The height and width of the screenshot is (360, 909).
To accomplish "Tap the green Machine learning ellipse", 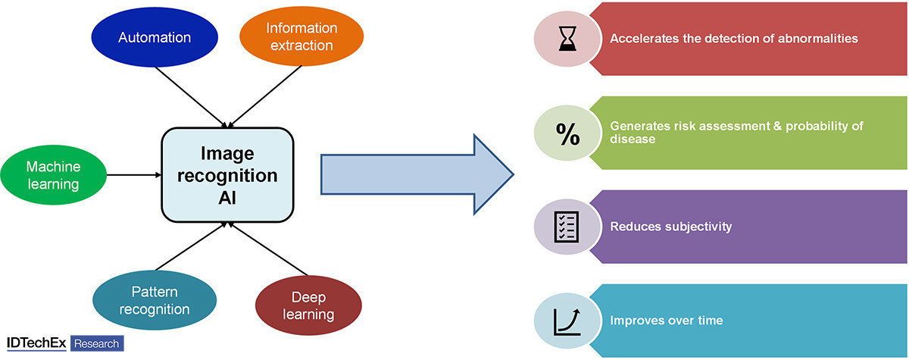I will [x=54, y=175].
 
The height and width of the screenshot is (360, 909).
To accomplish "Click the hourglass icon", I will [x=567, y=39].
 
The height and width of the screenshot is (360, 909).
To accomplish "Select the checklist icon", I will [x=567, y=227].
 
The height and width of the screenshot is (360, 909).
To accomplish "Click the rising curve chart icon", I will [x=567, y=320].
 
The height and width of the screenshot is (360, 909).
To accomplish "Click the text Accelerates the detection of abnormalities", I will [x=734, y=38].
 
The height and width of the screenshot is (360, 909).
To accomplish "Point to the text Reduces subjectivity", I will [x=671, y=227].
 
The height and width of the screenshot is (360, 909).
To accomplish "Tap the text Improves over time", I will [x=667, y=320].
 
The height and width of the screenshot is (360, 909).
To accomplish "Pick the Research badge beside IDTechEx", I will [x=96, y=343].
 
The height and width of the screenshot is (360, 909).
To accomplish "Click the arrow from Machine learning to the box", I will [x=133, y=175].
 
